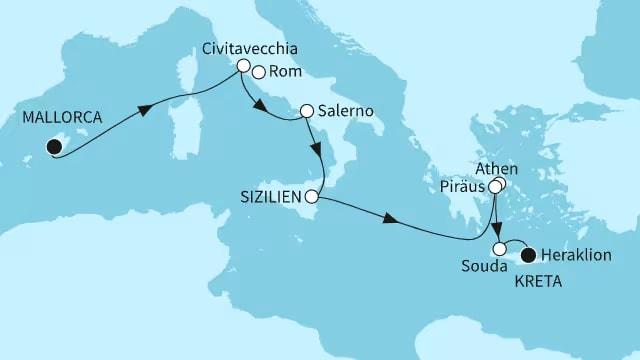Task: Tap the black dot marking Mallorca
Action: click(x=52, y=148)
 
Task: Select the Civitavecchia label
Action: click(x=241, y=47)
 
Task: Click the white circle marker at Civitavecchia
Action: click(x=242, y=66)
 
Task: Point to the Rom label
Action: click(x=281, y=72)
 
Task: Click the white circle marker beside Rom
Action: click(x=259, y=72)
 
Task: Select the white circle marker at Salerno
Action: click(x=306, y=112)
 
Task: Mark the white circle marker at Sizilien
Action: click(x=313, y=195)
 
